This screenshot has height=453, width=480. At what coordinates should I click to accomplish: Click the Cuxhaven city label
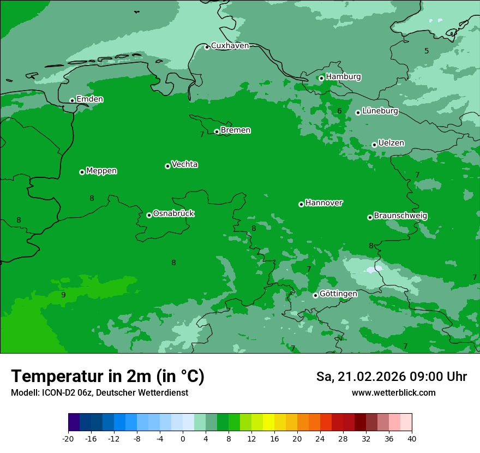tap(230, 46)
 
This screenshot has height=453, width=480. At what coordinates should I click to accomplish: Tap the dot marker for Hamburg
tap(321, 78)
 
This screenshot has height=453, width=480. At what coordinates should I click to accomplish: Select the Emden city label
tap(89, 99)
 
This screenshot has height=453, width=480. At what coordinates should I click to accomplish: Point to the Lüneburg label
tap(380, 111)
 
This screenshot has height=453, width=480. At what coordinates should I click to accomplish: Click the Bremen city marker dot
tap(217, 132)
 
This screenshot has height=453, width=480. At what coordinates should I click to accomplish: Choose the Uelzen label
tap(391, 143)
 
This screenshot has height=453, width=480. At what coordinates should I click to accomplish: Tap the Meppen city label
tap(101, 171)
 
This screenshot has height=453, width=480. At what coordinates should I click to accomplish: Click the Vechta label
tap(184, 164)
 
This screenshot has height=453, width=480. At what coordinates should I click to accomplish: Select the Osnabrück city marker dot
tap(149, 215)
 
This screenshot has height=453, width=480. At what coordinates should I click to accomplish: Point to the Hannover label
tap(323, 203)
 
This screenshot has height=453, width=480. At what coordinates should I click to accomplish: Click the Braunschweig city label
tap(400, 216)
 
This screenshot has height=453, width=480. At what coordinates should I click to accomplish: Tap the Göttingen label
tap(338, 294)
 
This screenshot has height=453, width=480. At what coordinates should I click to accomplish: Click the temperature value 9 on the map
tap(63, 295)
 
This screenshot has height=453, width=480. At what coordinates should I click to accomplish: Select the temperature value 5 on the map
tap(427, 51)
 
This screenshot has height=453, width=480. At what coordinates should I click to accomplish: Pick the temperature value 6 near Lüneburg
tap(339, 111)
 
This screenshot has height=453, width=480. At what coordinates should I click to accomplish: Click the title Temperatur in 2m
tap(107, 376)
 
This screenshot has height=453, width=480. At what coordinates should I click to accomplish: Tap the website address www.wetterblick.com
tap(393, 392)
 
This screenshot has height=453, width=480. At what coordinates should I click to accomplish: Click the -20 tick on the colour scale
tap(68, 439)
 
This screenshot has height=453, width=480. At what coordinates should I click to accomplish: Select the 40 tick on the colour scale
tap(412, 439)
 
